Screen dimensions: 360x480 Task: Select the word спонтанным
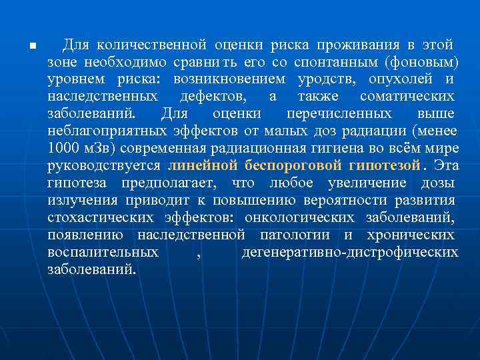coord(332,62)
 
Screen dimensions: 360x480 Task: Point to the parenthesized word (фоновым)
coord(421,62)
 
